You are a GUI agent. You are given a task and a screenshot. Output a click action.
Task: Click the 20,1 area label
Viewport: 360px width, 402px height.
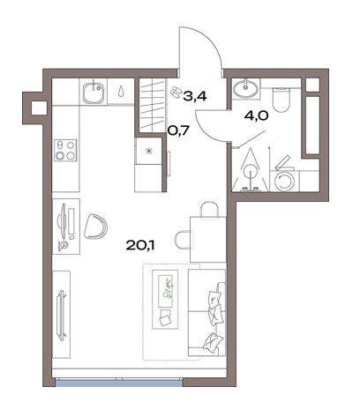140,245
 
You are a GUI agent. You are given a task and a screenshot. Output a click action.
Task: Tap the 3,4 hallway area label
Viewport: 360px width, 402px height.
195,96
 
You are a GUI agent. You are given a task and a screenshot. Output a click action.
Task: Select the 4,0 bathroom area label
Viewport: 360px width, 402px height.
257,115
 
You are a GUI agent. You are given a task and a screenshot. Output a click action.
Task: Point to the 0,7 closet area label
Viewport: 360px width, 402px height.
177,130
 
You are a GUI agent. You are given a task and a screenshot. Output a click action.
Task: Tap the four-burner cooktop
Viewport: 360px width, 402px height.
65,150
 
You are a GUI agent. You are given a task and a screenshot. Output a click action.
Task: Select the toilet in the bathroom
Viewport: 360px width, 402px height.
281,100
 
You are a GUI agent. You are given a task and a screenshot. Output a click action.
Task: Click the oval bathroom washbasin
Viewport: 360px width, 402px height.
245,88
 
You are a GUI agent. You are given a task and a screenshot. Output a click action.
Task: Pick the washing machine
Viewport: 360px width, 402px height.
284,181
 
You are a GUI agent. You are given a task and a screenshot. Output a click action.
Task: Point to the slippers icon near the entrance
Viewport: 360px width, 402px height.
176,92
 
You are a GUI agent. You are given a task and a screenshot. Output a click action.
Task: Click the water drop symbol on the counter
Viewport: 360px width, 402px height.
121,91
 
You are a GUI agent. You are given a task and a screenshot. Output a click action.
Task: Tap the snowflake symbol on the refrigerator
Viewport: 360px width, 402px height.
149,151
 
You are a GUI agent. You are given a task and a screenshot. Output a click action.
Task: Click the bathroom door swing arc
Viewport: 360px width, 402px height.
202,130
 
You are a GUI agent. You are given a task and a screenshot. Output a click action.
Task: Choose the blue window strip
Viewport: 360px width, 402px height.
118,383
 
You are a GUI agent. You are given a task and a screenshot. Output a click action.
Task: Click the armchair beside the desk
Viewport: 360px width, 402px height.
95,227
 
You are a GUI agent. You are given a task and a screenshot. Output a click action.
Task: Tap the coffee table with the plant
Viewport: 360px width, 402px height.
165,299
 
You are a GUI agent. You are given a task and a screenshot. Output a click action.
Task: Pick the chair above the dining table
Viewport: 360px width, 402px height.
209,210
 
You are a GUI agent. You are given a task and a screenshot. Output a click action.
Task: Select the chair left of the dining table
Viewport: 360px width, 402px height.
183,240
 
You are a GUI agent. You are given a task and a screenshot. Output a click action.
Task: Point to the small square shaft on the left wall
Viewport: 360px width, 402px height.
39,108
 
